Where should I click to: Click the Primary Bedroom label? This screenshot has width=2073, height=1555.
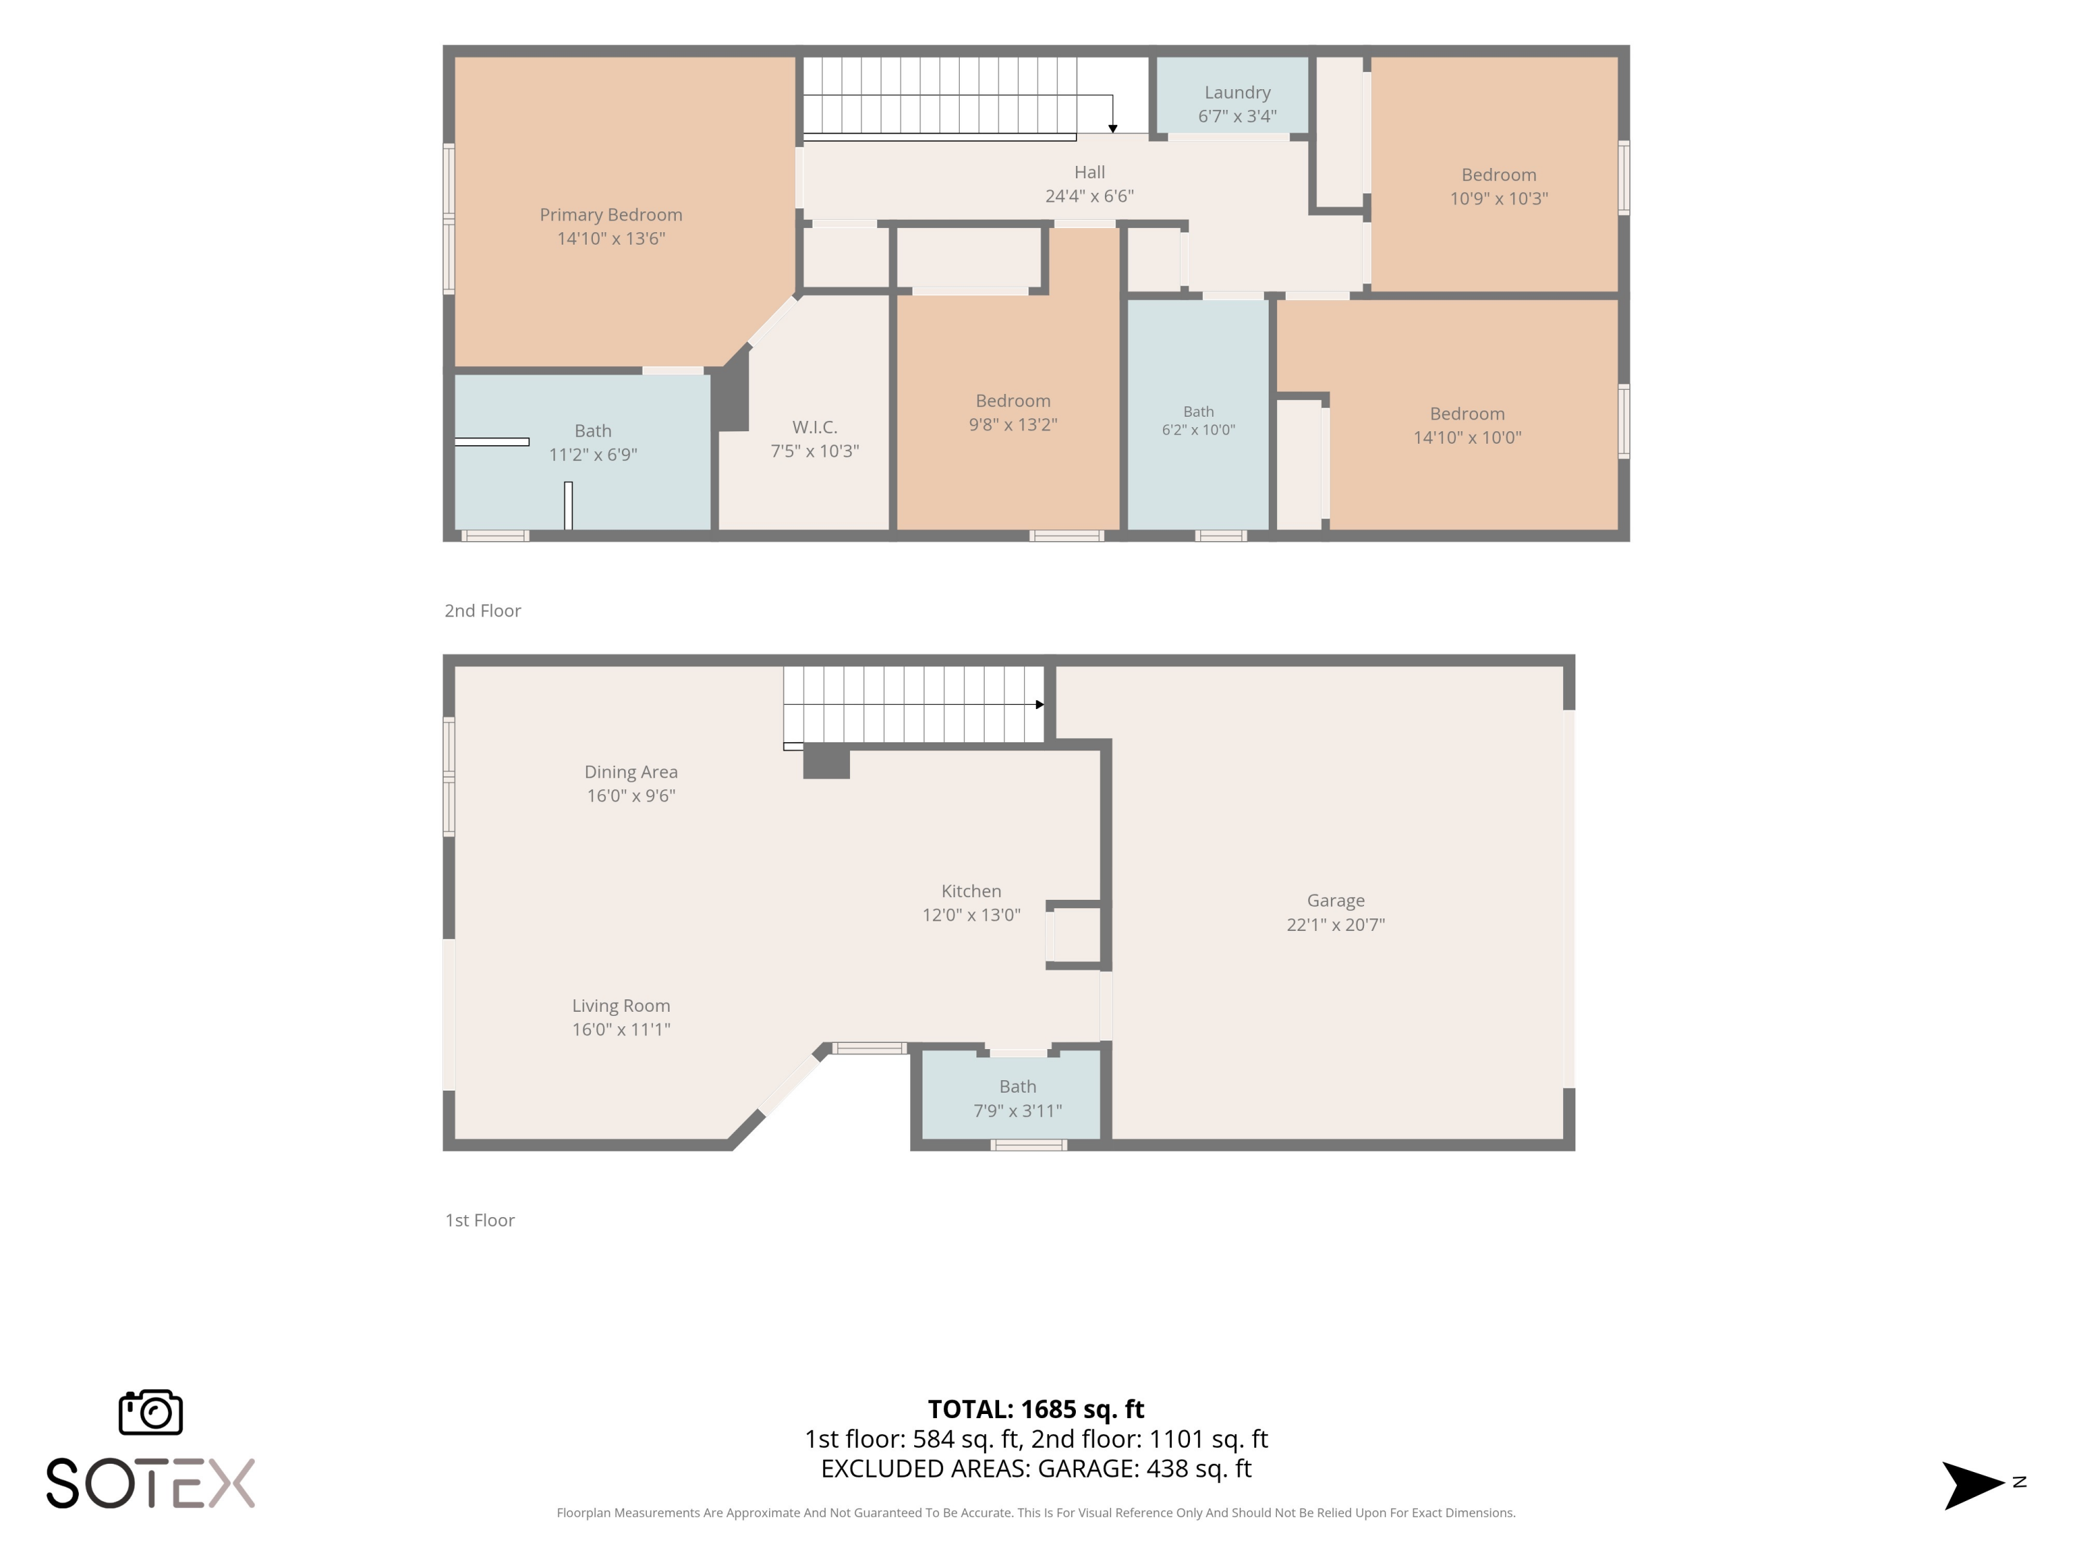pos(611,215)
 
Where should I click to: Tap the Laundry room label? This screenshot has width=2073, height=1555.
pos(1237,92)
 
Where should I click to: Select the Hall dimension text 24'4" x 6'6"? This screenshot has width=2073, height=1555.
pos(1089,196)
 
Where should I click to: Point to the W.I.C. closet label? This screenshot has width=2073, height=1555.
pos(815,427)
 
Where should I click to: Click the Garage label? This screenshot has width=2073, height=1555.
pos(1336,901)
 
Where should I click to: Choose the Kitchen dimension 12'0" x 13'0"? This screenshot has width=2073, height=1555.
pos(971,915)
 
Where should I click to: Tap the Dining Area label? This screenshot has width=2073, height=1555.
pos(631,773)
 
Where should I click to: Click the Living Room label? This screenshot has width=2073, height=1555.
pos(621,1006)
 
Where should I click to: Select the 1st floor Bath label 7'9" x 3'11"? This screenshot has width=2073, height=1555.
pos(1018,1099)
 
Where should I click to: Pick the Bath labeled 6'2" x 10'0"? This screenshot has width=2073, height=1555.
pos(1199,421)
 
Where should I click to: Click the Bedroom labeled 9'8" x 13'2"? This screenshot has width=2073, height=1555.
pos(1013,413)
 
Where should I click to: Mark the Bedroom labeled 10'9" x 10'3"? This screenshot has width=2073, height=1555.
pos(1499,187)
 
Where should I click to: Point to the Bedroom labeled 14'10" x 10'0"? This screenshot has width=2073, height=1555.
pos(1468,426)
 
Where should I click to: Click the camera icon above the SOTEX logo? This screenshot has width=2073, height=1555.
pos(151,1411)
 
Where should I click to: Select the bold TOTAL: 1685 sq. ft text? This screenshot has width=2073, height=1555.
pos(1036,1408)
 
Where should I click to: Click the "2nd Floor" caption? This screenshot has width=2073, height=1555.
pos(482,611)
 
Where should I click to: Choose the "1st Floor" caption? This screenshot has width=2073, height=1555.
pos(480,1221)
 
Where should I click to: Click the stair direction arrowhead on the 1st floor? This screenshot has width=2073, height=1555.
pos(1039,705)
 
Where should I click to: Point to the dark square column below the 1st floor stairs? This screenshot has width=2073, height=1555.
pos(826,761)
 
